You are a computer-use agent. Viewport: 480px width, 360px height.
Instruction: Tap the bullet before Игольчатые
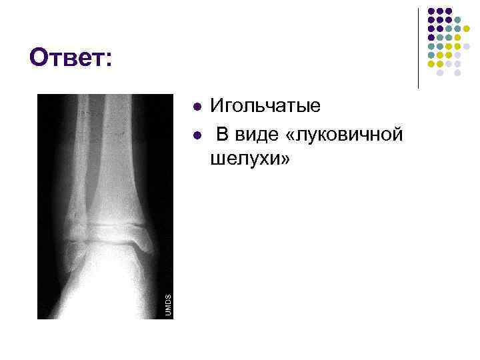[195, 106]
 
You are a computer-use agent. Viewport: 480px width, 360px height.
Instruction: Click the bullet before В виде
[195, 135]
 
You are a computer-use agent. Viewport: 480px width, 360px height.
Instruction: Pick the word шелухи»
[251, 159]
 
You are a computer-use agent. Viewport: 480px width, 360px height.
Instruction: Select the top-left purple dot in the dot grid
[431, 11]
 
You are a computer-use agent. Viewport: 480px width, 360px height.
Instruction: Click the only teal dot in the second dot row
[457, 20]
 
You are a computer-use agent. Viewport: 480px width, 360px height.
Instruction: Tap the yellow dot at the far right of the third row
[466, 29]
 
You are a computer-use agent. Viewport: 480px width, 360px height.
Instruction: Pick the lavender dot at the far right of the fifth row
[466, 47]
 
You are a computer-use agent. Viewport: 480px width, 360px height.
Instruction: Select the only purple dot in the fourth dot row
[431, 37]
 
